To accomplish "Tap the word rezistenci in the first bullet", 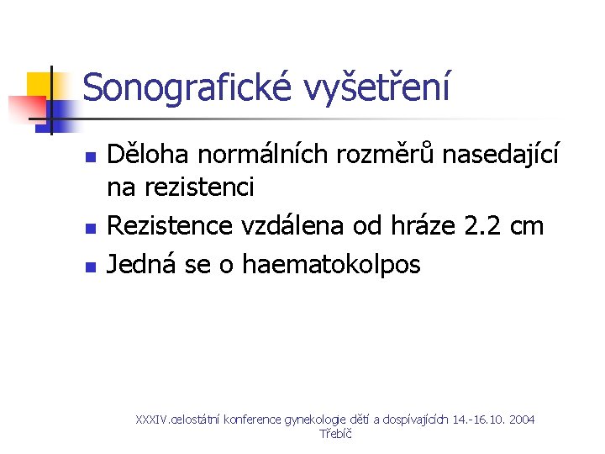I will click(199, 187).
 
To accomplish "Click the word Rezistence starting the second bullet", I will click(172, 225).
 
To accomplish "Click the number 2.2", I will click(486, 225).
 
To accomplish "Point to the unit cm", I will click(528, 225).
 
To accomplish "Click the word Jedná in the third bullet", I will click(141, 266).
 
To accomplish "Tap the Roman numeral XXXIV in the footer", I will click(152, 419).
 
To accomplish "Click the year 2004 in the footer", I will click(520, 419).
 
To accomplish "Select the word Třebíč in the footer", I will click(335, 434).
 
